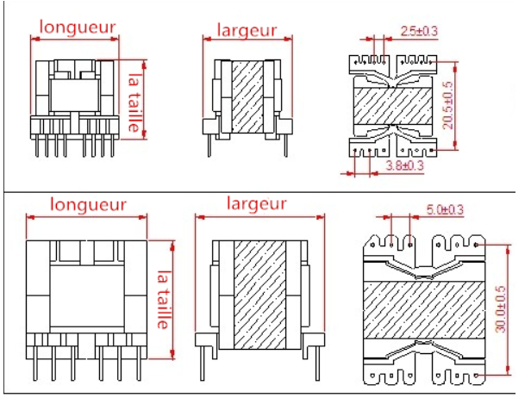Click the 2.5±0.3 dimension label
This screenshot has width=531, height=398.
click(x=420, y=32)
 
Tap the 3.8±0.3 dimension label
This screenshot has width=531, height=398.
click(x=404, y=165)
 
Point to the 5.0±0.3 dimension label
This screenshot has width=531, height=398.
click(x=445, y=209)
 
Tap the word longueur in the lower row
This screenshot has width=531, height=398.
click(x=88, y=205)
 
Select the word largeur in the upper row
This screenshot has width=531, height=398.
click(x=247, y=31)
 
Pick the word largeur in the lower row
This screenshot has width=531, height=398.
click(x=256, y=204)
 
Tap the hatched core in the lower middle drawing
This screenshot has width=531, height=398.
click(x=256, y=293)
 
